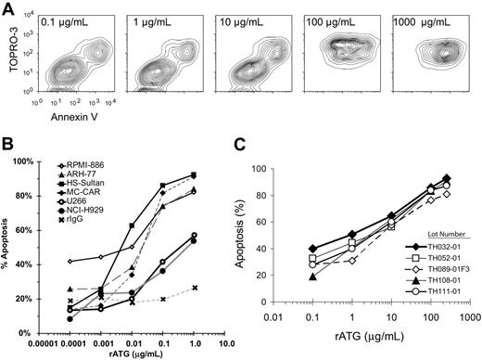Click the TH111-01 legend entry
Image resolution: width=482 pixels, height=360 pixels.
pyautogui.click(x=430, y=289)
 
